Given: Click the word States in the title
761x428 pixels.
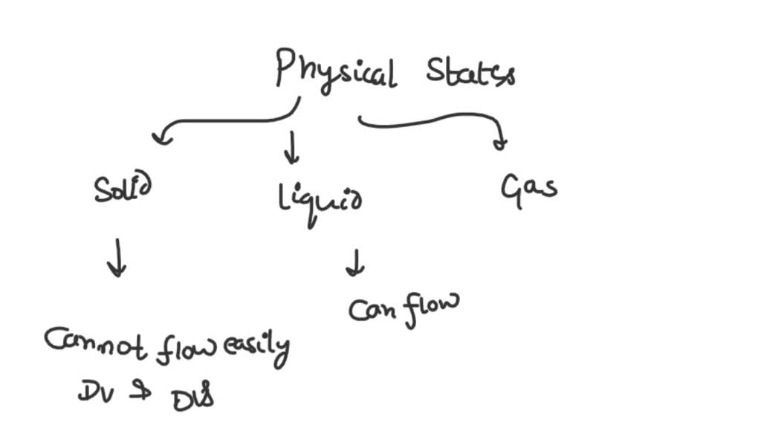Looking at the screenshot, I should click(470, 73).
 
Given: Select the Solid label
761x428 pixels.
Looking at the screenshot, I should click(123, 190).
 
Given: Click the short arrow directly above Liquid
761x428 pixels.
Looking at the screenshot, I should click(292, 152).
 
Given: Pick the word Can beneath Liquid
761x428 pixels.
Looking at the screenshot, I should click(375, 310).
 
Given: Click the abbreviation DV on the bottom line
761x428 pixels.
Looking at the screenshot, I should click(94, 392).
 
